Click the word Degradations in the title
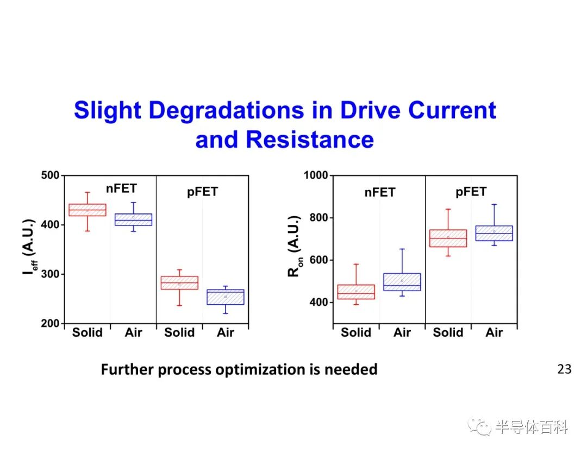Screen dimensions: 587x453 point(227,111)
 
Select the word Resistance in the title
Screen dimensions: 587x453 point(310,140)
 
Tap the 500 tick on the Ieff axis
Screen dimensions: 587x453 point(50,175)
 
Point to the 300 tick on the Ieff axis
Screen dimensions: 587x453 point(50,274)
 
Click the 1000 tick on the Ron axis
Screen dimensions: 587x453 point(316,175)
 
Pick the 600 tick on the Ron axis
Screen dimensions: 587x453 point(319,260)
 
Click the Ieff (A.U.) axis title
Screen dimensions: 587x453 point(29,247)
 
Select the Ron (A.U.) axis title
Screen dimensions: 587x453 point(295,246)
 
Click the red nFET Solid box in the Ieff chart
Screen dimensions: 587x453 point(88,210)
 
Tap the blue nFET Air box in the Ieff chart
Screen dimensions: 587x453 point(133,219)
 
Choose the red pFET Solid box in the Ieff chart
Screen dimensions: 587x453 point(179,283)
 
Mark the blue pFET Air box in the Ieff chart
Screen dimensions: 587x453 point(226,297)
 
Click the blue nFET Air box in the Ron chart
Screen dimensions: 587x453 point(402,282)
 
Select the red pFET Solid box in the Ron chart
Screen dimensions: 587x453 point(448,238)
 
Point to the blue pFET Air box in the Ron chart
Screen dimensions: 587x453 point(494,233)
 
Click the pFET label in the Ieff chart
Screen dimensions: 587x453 point(203,192)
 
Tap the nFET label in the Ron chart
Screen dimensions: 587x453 point(380,193)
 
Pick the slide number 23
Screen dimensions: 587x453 point(564,369)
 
